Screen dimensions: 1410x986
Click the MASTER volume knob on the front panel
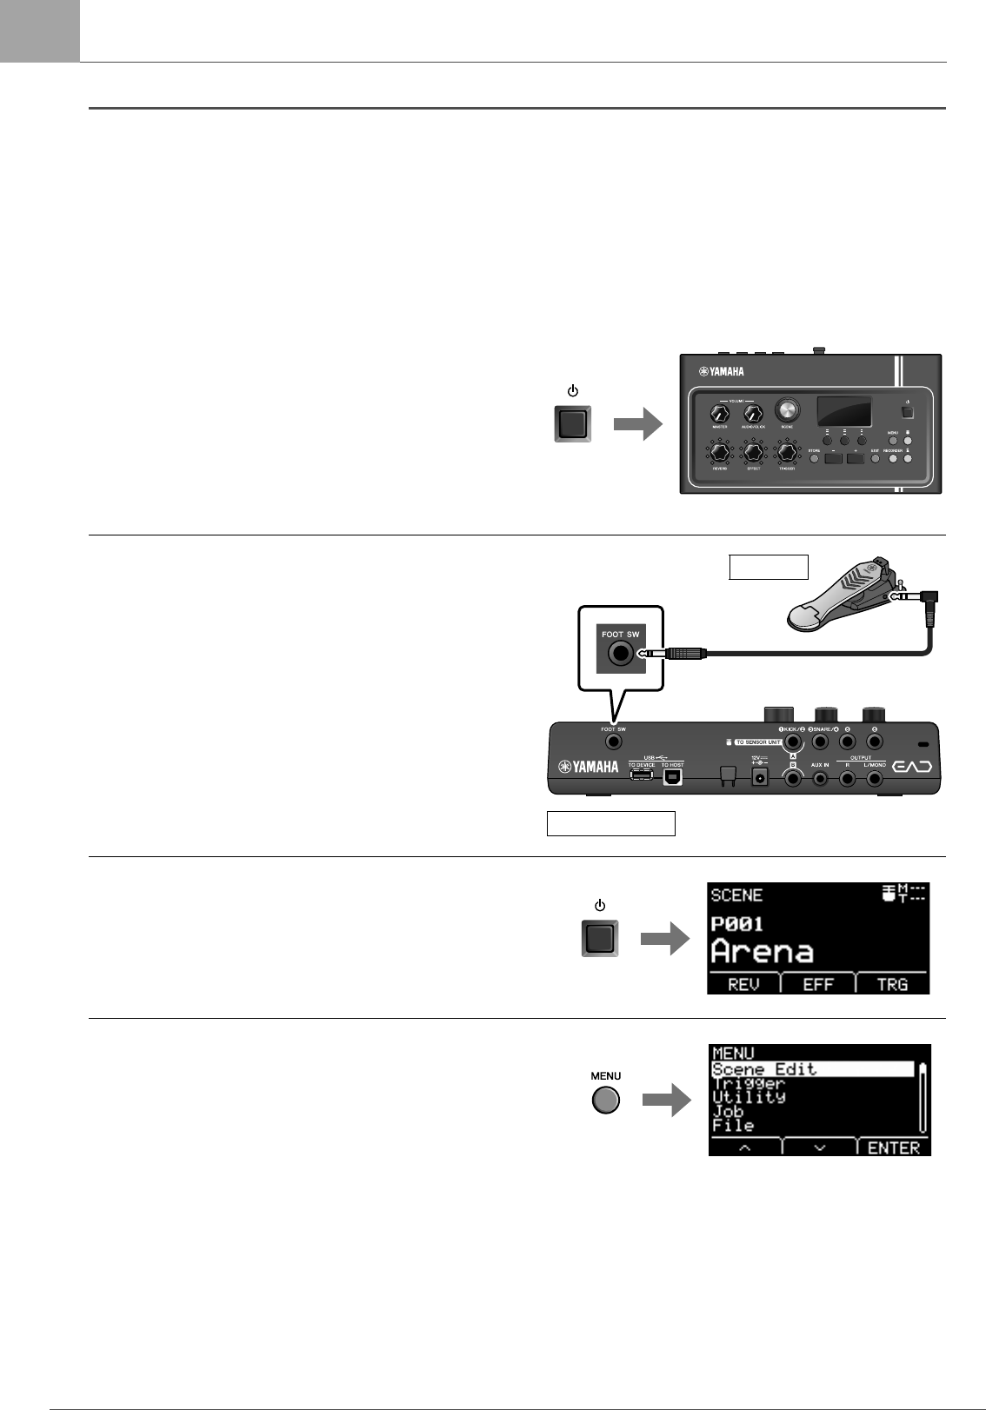pos(719,414)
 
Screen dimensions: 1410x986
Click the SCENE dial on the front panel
pos(788,409)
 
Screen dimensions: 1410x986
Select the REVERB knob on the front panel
pos(719,453)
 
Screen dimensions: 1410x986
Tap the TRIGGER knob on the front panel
pos(788,453)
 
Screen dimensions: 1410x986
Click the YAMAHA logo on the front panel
pos(722,372)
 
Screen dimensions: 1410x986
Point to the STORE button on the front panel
pos(815,457)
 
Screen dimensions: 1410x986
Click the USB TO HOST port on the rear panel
pos(672,776)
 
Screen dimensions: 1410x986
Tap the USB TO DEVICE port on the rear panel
pos(642,775)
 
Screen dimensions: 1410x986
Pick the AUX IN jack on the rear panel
pos(819,779)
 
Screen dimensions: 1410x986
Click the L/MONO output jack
pos(875,779)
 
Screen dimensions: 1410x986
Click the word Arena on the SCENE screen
pos(763,952)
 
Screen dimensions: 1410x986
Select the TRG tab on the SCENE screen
pos(892,984)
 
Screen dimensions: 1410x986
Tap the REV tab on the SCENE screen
pos(743,984)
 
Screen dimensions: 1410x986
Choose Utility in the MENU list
pos(749,1097)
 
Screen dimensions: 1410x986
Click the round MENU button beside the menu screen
pos(606,1101)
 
